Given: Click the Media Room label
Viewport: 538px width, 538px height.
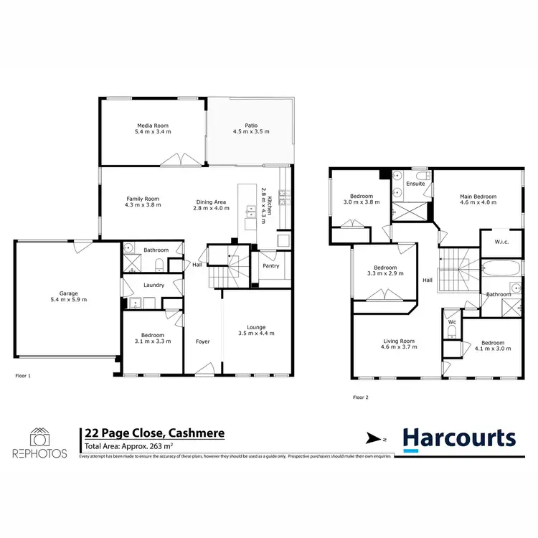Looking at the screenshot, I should pos(153,125).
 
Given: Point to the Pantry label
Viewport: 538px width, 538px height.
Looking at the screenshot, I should pos(270,266).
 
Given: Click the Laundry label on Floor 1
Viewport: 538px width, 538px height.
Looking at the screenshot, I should pos(154,285).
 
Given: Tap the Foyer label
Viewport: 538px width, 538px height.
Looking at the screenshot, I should pos(203,341).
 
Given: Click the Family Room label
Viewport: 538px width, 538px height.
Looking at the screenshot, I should pos(143,199).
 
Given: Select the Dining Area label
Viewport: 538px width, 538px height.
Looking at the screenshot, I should pos(212,201).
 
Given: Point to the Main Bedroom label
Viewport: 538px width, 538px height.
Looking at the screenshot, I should pos(478,196).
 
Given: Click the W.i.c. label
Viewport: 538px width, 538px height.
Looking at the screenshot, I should pos(501,242).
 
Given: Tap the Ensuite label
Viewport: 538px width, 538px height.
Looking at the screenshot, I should pos(415,184).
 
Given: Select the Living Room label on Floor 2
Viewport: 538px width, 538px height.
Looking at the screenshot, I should pos(398,341).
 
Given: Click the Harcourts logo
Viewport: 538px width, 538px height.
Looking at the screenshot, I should pos(458,438).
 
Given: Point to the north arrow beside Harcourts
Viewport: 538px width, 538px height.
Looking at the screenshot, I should pos(374,438).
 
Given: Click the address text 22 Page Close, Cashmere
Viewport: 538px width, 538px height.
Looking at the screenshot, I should pos(154,433).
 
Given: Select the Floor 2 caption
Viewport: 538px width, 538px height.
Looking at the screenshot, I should pos(362,397).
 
